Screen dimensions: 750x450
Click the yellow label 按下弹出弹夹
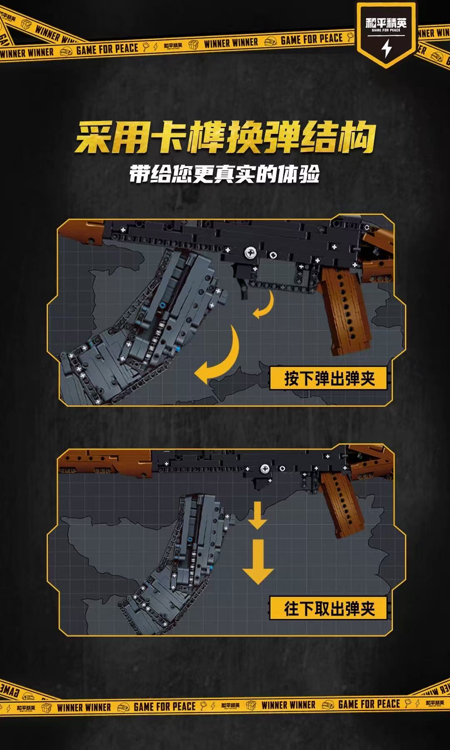(x=329, y=378)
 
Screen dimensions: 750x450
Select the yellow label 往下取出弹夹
(x=329, y=608)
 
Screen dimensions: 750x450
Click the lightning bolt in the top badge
(x=387, y=49)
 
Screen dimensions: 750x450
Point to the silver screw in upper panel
(x=251, y=252)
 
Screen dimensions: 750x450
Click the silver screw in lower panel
(x=265, y=469)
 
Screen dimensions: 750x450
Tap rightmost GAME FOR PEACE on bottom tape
(x=369, y=704)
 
